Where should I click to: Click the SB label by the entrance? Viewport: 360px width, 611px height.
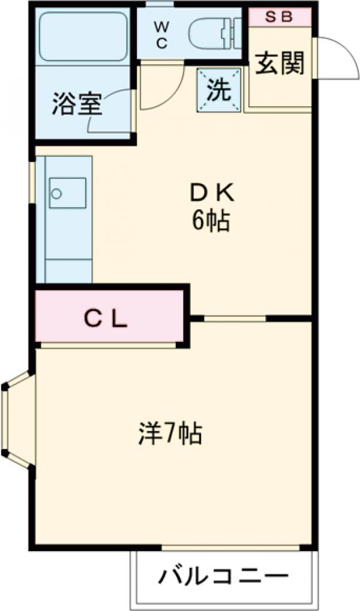(279, 17)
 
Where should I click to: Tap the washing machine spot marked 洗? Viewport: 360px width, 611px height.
(219, 90)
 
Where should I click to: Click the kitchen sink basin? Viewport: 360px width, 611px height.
(67, 192)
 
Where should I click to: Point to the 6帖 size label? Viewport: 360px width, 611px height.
(211, 222)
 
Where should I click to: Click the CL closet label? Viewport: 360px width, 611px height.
(105, 320)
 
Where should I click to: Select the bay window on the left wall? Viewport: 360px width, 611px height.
(15, 420)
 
